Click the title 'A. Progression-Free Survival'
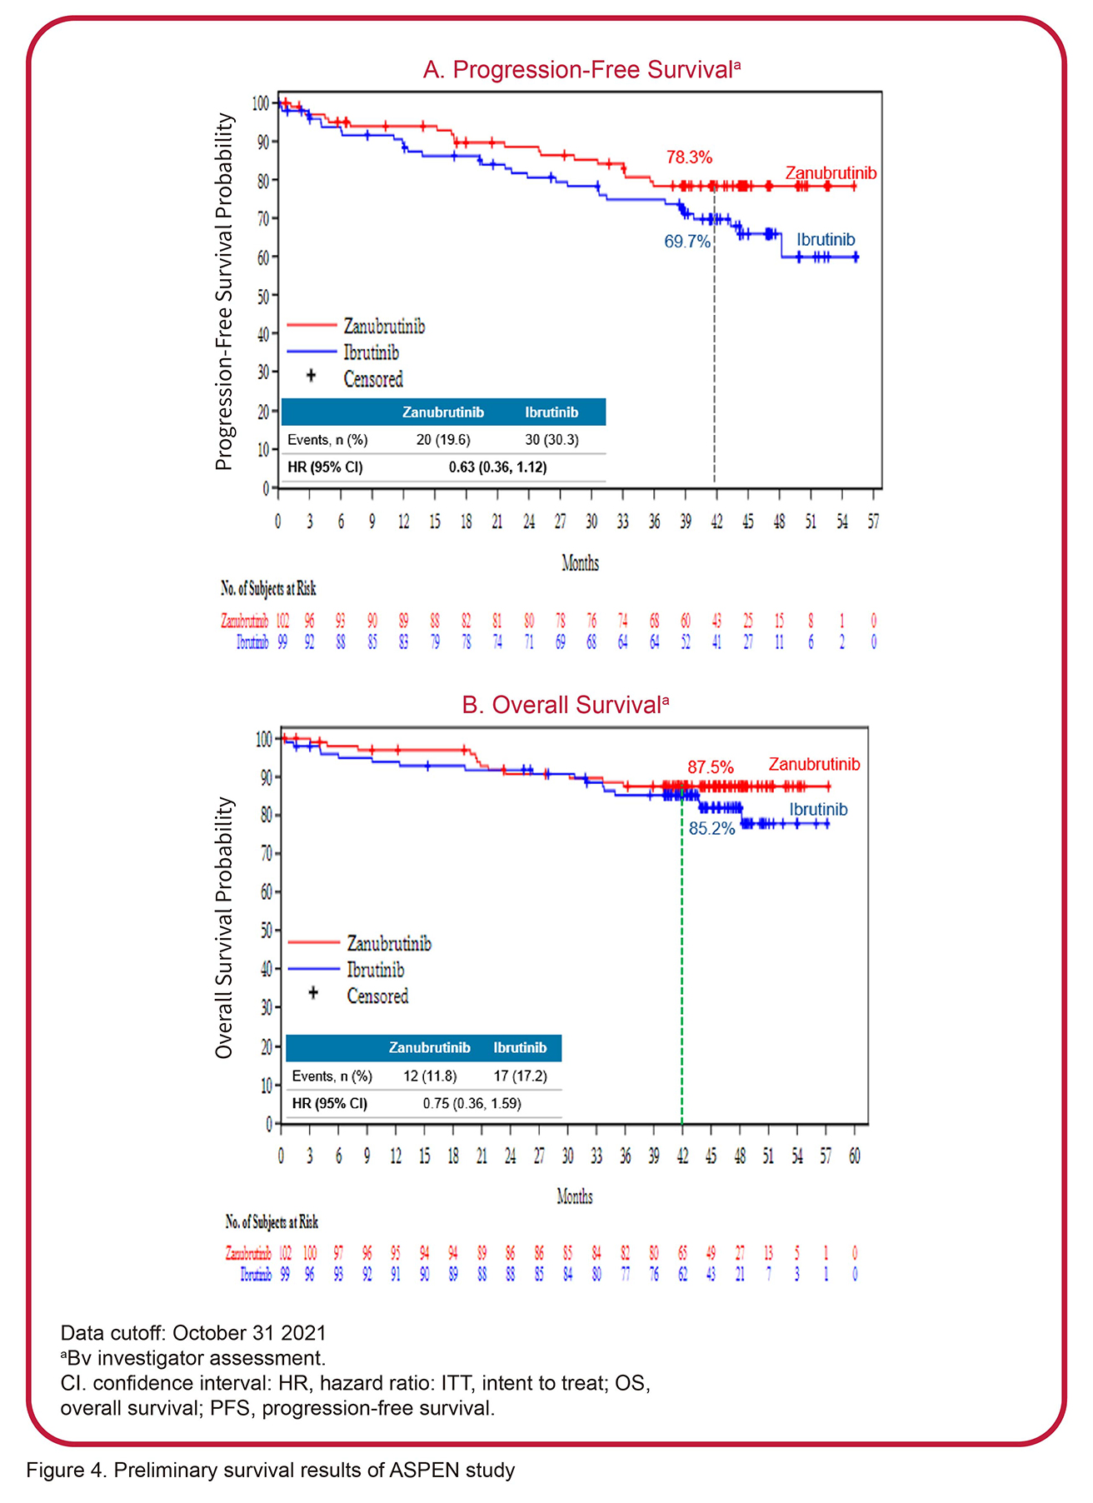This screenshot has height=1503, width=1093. [x=581, y=70]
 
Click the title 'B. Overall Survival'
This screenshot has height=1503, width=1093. [x=565, y=705]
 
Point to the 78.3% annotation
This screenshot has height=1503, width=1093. [x=689, y=157]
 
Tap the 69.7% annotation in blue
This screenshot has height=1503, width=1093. [x=686, y=242]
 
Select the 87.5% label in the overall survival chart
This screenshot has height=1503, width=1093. [x=710, y=767]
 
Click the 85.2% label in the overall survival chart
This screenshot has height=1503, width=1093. [x=711, y=829]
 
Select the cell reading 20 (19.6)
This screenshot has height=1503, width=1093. [x=443, y=440]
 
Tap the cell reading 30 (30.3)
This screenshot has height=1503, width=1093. [x=551, y=440]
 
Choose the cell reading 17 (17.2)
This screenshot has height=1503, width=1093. [x=520, y=1076]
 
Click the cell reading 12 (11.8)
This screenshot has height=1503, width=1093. [x=430, y=1076]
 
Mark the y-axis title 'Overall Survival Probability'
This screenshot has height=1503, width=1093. [x=223, y=927]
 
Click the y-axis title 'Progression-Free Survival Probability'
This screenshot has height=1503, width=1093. [x=223, y=292]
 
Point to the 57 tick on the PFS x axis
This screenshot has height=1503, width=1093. [x=873, y=522]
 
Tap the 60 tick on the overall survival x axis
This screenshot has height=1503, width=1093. [x=855, y=1156]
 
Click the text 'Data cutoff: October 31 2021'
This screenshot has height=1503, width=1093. [x=193, y=1332]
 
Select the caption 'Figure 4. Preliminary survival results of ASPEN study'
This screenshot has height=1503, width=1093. [x=271, y=1470]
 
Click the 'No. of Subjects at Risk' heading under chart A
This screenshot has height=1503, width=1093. [x=268, y=589]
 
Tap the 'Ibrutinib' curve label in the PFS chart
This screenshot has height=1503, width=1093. [x=825, y=240]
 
